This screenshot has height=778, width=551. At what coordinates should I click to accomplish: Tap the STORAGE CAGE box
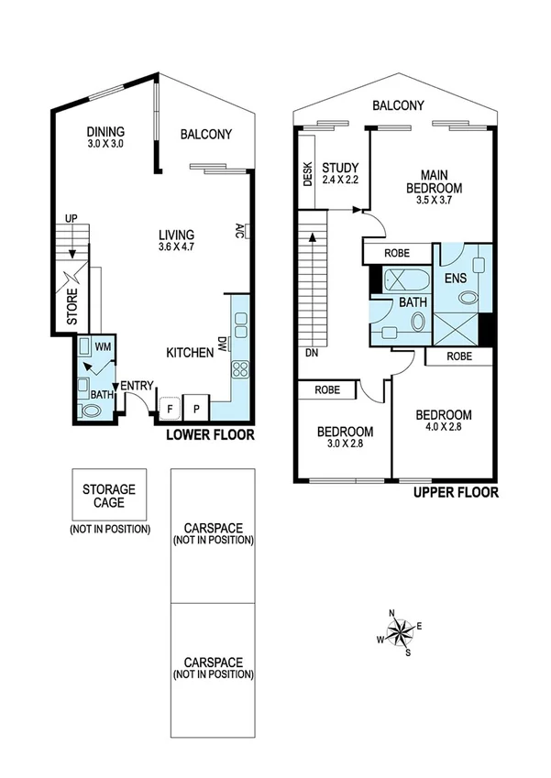[109, 496]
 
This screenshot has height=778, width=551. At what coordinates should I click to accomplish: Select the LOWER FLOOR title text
[209, 434]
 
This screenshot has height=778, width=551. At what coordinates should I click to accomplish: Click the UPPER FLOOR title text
[456, 492]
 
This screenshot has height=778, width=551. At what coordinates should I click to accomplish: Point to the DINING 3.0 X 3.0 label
[105, 137]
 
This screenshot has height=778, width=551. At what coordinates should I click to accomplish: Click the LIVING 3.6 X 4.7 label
[176, 240]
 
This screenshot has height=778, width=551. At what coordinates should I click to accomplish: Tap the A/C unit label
[240, 229]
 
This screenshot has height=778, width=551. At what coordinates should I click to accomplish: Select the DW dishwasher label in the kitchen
[222, 344]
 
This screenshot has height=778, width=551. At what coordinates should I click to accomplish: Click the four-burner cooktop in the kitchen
[241, 369]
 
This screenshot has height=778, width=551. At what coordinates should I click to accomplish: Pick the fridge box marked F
[169, 407]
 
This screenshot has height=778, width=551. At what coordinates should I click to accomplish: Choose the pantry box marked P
[196, 407]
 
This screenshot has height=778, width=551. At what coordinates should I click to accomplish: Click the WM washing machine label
[101, 347]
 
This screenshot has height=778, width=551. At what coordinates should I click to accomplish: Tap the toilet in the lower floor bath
[91, 411]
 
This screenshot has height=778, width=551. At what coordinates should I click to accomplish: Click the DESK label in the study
[307, 174]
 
